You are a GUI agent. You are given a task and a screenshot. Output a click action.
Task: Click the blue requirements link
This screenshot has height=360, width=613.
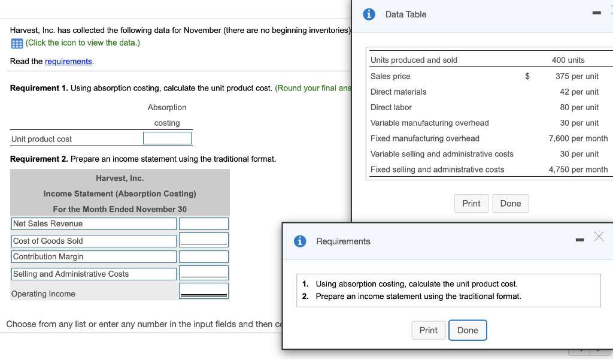tap(68, 62)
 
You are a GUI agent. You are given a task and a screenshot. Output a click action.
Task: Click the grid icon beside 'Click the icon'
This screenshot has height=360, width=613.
tap(17, 44)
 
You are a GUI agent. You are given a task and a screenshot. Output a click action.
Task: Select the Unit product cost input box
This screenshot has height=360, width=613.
tap(168, 138)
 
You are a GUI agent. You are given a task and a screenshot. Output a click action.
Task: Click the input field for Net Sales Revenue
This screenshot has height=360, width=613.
tap(204, 224)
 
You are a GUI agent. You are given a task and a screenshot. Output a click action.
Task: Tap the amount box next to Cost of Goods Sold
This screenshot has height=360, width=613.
tap(204, 240)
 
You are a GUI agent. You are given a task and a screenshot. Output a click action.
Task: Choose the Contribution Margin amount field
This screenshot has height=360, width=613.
tap(204, 257)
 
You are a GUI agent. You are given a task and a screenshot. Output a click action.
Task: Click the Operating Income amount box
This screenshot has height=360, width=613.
tap(204, 291)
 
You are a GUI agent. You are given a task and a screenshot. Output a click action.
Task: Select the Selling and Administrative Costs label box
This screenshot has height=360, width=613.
tap(94, 274)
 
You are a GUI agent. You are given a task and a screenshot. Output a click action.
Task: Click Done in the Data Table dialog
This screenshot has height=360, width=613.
tap(511, 204)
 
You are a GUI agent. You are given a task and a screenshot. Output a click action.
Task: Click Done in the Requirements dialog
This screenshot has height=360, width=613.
tap(468, 330)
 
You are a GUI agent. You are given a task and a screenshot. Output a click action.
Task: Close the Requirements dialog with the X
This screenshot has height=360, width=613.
tap(599, 237)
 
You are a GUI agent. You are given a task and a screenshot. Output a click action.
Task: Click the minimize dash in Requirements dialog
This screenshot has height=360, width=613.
tap(580, 240)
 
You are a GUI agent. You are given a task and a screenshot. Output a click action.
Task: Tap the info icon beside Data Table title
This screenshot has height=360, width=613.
tap(369, 14)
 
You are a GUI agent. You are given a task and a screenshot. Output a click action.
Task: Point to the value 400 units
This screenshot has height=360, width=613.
tap(568, 60)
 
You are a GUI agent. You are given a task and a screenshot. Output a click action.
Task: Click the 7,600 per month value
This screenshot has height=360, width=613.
tap(578, 138)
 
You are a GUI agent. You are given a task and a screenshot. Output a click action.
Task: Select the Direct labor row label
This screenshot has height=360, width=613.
tap(391, 107)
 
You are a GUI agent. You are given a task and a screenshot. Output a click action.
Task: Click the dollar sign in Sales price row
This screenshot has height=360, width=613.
tap(527, 76)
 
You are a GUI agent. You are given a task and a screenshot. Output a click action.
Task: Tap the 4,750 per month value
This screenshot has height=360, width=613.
tap(578, 170)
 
